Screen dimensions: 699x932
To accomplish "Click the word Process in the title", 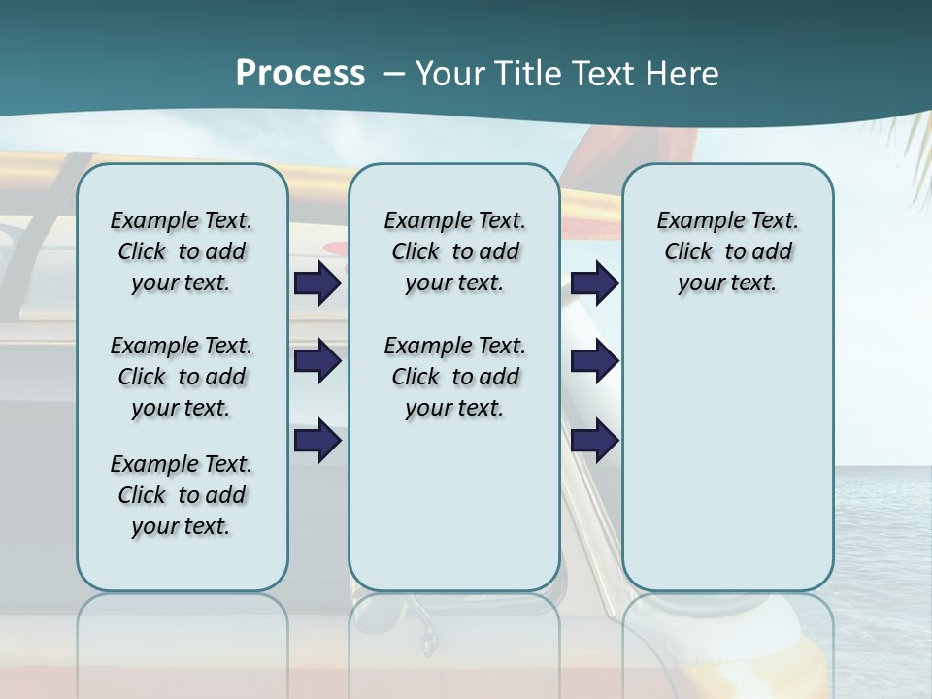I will pyautogui.click(x=300, y=73).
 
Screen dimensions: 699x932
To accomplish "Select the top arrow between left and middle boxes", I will pyautogui.click(x=317, y=283).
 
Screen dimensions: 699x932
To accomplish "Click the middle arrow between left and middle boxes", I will pyautogui.click(x=317, y=362).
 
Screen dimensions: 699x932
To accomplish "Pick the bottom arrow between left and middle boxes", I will pyautogui.click(x=317, y=441).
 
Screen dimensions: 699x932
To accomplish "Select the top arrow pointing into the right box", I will pyautogui.click(x=594, y=283).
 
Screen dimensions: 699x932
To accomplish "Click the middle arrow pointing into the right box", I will pyautogui.click(x=594, y=362).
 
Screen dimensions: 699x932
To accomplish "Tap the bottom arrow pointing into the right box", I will pyautogui.click(x=594, y=441).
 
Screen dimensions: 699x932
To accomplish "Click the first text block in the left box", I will pyautogui.click(x=182, y=251).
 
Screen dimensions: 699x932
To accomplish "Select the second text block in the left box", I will pyautogui.click(x=182, y=377).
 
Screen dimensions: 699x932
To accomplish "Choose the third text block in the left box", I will pyautogui.click(x=182, y=495).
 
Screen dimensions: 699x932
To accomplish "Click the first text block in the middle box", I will pyautogui.click(x=454, y=251).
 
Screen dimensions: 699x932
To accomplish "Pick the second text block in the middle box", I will pyautogui.click(x=454, y=377).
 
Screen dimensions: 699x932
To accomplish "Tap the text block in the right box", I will pyautogui.click(x=727, y=251).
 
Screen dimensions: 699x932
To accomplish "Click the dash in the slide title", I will pyautogui.click(x=393, y=74).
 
